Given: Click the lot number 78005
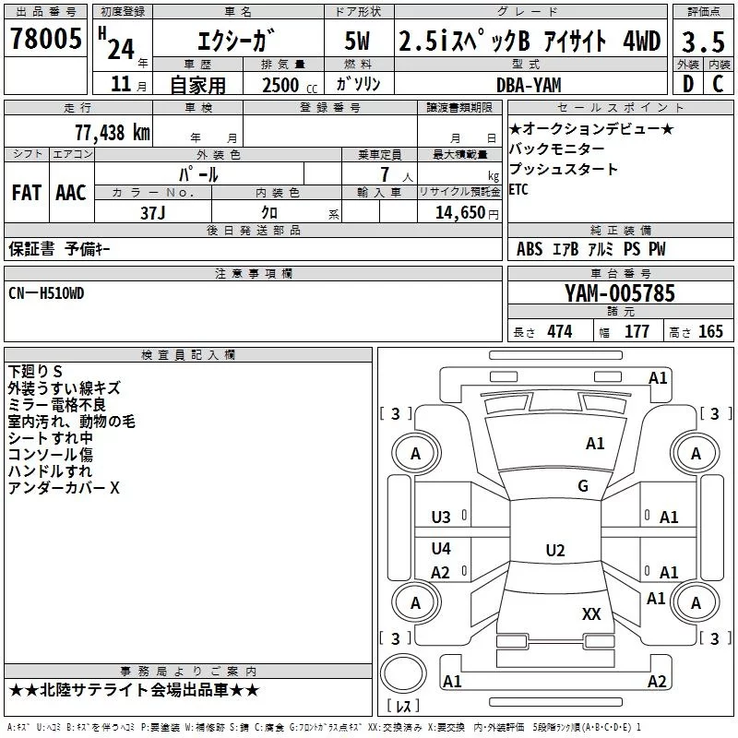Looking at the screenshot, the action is (x=45, y=39).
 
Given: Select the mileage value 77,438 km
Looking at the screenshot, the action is (x=112, y=132).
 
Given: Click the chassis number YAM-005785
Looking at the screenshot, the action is (x=620, y=294).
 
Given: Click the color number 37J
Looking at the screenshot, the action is (x=152, y=211).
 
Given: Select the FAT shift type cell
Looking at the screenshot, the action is (x=27, y=193).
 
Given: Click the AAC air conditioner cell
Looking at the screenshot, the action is (x=71, y=193).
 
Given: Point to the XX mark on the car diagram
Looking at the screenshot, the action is (x=591, y=613).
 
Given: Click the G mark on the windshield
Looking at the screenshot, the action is (x=582, y=486).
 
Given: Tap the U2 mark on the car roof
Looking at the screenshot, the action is (x=554, y=551).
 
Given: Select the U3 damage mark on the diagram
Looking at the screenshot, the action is (x=441, y=518).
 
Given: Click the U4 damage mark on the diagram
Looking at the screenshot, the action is (x=441, y=549).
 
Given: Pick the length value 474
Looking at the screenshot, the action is (x=559, y=332).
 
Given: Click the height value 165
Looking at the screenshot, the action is (x=709, y=332).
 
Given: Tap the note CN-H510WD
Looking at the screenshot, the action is (x=46, y=292).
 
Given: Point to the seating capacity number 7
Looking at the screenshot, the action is (x=382, y=174).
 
